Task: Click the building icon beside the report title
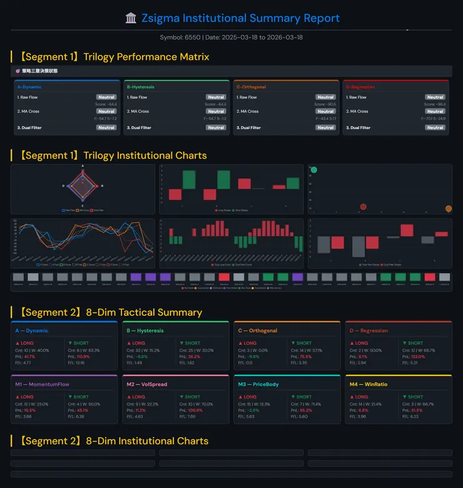tap(131, 18)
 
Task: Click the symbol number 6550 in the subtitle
tap(193, 38)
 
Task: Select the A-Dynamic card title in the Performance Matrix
tap(29, 87)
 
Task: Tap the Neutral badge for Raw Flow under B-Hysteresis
tap(216, 97)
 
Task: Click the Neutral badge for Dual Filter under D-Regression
tap(435, 128)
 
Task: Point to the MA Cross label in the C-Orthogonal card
tap(249, 112)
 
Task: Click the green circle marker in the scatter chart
tap(314, 170)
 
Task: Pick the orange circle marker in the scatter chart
tap(448, 209)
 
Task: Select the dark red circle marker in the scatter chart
tap(363, 207)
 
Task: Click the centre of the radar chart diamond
tap(83, 186)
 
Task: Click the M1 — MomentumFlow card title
tap(42, 384)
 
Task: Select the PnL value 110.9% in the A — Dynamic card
tap(83, 356)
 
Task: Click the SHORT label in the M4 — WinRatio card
tap(415, 397)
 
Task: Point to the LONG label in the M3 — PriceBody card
tap(250, 397)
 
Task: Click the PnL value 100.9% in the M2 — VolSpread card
tap(195, 410)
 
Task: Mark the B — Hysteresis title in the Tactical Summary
tap(145, 331)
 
